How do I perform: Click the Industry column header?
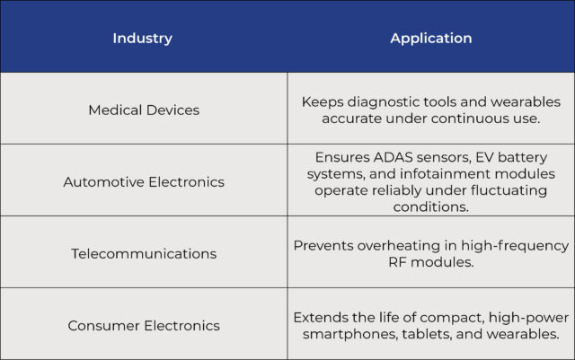(142, 38)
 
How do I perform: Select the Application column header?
(431, 38)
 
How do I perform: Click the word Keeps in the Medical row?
(323, 102)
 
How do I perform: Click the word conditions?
(431, 206)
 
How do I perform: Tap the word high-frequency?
(515, 246)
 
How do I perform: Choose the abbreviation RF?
(397, 262)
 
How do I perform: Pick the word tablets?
(427, 334)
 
